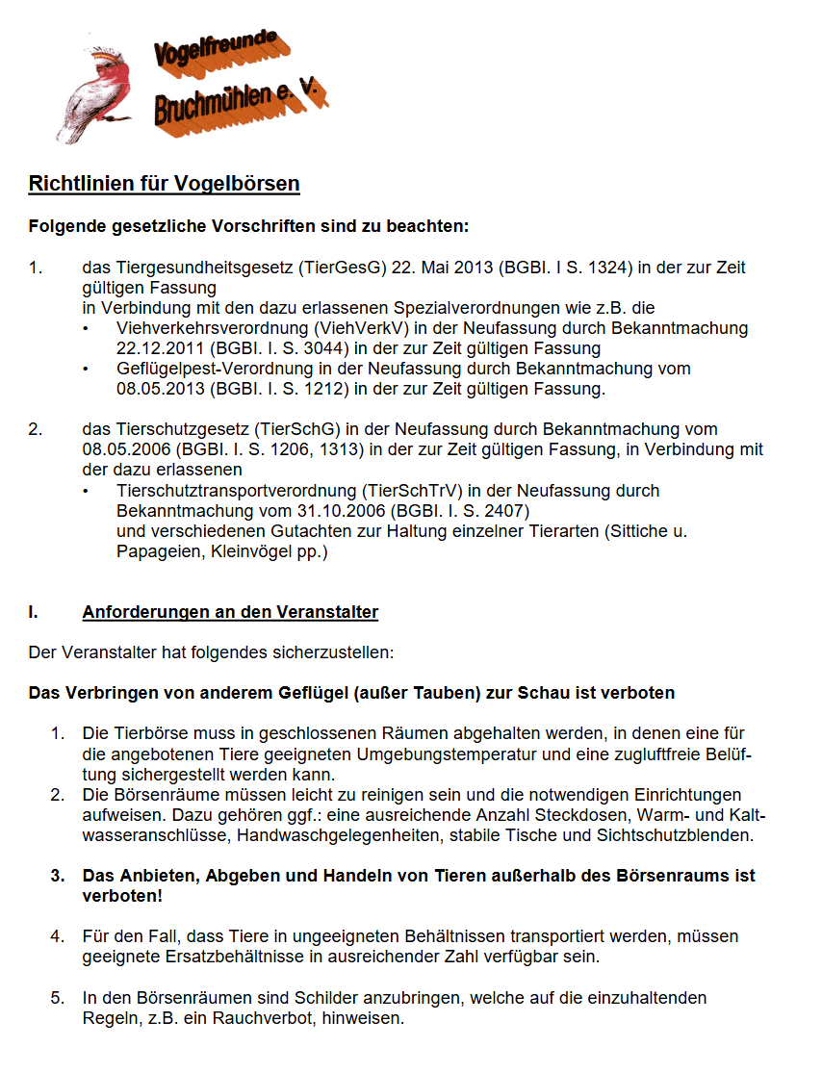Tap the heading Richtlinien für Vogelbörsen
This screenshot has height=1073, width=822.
coord(164,184)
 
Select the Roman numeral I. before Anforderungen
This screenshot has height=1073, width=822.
coord(35,612)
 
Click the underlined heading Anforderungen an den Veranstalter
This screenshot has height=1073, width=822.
coord(230,612)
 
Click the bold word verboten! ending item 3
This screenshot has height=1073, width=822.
coord(122,896)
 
